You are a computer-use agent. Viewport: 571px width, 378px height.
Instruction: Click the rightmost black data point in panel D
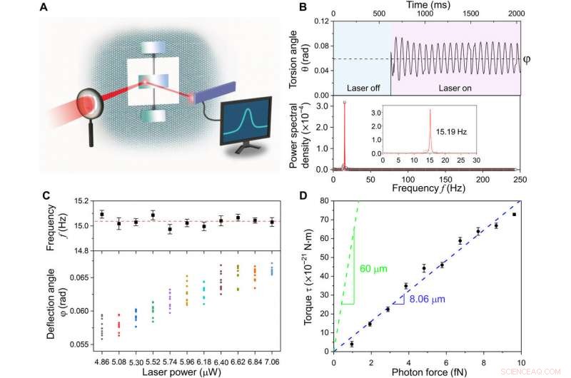[514, 215]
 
